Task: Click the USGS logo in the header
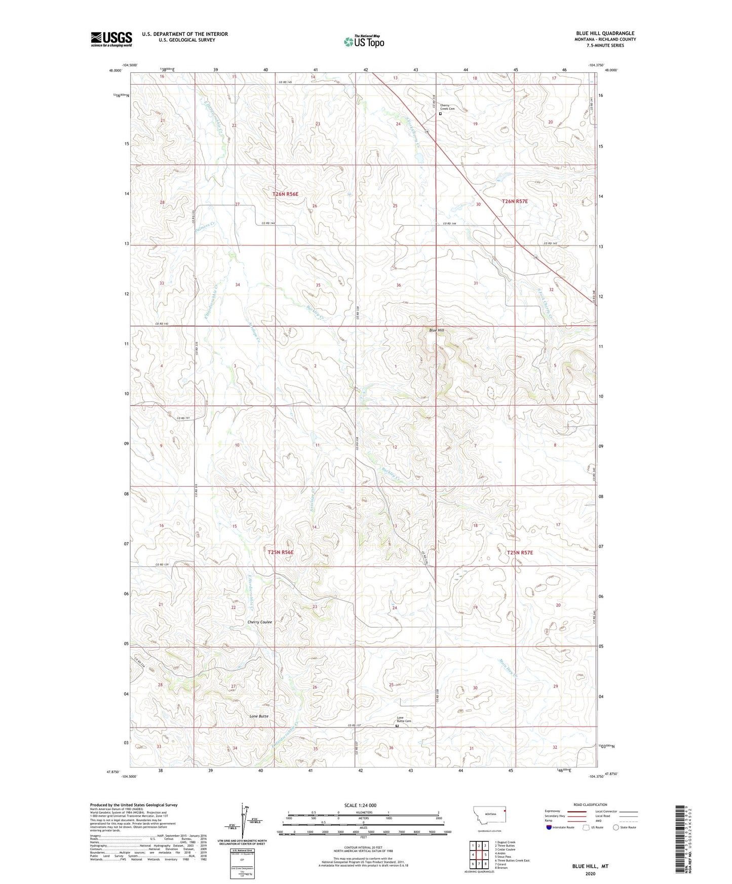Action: [111, 39]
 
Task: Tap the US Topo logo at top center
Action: [364, 41]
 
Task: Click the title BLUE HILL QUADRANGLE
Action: [605, 33]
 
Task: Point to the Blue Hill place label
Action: [437, 330]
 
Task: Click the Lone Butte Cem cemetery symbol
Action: [397, 726]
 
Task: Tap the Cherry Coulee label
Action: [259, 622]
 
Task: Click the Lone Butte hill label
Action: [259, 716]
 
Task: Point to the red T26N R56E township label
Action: [285, 194]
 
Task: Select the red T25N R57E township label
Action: [520, 552]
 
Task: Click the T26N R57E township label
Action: [515, 202]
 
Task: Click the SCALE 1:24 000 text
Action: [360, 805]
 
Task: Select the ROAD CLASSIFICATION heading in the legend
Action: [590, 805]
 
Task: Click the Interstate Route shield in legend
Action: [549, 827]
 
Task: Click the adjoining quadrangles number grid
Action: [479, 854]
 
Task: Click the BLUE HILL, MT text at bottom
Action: [590, 866]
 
